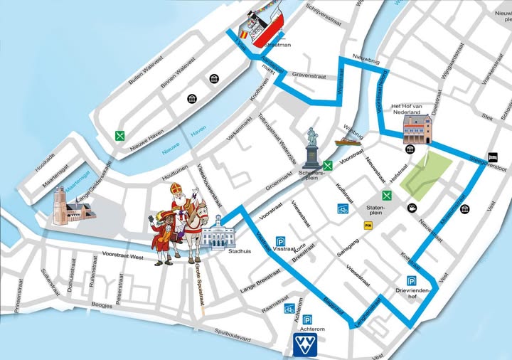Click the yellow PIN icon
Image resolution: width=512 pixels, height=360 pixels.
[x=368, y=226]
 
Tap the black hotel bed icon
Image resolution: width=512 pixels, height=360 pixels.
[x=492, y=157]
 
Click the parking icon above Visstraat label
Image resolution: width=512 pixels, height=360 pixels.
[x=281, y=240]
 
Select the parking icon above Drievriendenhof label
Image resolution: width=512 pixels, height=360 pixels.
[x=411, y=280]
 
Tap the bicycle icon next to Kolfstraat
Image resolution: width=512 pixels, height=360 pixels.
[x=343, y=209]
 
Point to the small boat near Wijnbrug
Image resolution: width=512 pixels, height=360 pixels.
[x=348, y=142]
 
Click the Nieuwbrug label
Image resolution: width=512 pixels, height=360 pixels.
[x=366, y=62]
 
